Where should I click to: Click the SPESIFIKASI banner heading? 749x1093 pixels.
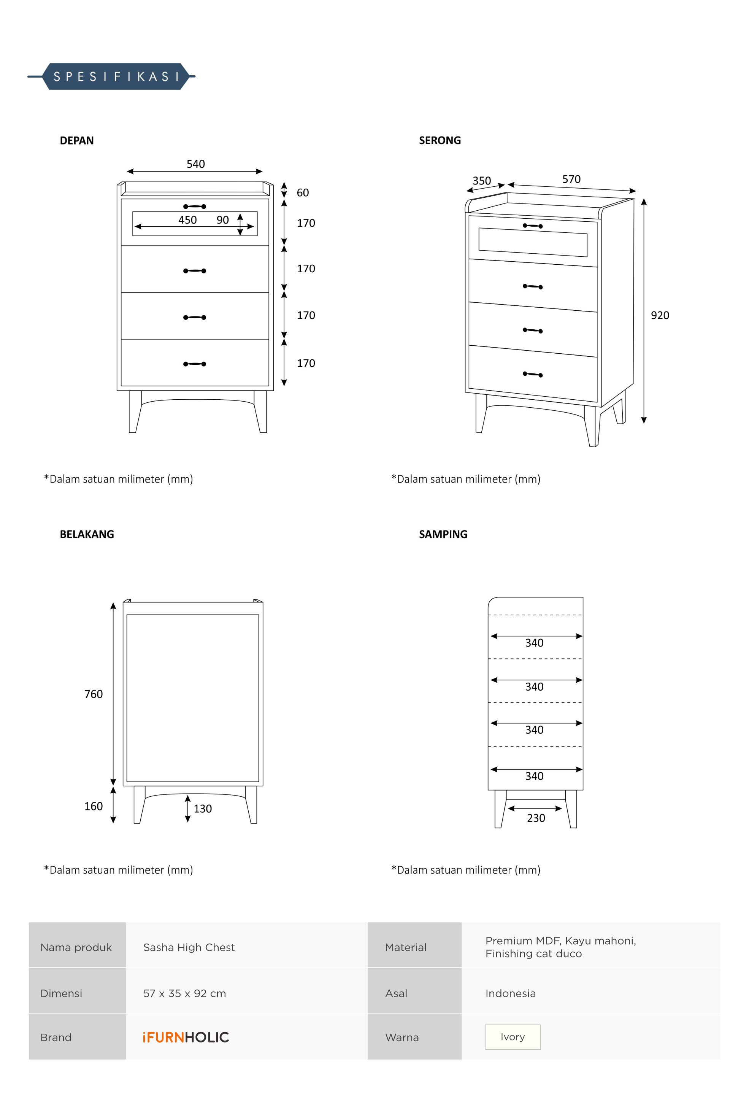click(116, 77)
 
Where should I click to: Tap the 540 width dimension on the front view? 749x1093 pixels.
click(195, 164)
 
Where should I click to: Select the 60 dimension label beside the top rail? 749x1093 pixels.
click(302, 192)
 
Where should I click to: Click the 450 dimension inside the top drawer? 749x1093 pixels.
click(187, 220)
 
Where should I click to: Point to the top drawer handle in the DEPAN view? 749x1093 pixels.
click(194, 207)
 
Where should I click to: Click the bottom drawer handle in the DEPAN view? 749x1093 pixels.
click(194, 364)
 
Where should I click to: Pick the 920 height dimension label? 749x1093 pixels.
click(660, 315)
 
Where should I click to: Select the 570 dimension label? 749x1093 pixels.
click(571, 179)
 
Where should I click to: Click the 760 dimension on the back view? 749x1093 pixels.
click(93, 694)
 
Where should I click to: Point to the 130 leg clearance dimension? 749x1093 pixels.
click(203, 809)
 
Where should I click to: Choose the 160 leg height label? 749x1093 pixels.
click(93, 806)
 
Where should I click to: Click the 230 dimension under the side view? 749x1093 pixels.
click(536, 818)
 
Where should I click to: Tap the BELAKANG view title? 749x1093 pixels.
click(87, 534)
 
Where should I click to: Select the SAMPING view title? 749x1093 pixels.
click(443, 534)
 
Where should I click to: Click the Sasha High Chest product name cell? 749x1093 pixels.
click(189, 947)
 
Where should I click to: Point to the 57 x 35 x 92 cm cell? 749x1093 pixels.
click(184, 993)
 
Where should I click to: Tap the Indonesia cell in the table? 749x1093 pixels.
click(510, 993)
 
